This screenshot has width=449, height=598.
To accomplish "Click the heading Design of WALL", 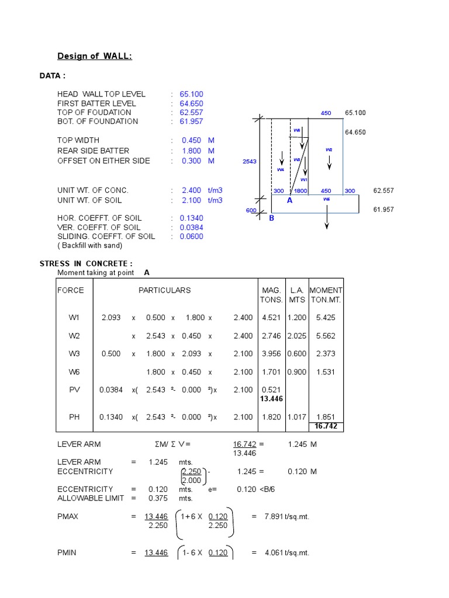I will click(94, 56).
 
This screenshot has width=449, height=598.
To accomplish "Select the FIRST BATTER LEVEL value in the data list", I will click(192, 103).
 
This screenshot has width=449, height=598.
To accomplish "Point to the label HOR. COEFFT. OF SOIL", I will click(99, 218).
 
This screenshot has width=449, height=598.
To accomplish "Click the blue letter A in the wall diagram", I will click(289, 200).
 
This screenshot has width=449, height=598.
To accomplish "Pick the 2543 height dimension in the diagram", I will click(250, 161).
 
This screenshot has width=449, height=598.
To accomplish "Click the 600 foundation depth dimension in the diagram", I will click(251, 211).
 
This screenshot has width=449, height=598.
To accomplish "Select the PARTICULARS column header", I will click(164, 290).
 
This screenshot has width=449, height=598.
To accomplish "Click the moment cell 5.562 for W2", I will click(326, 336).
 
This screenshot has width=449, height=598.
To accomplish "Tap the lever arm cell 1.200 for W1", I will click(296, 318).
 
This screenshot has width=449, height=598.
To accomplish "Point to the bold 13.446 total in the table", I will click(271, 399).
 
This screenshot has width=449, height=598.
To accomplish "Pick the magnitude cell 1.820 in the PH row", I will click(272, 417).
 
